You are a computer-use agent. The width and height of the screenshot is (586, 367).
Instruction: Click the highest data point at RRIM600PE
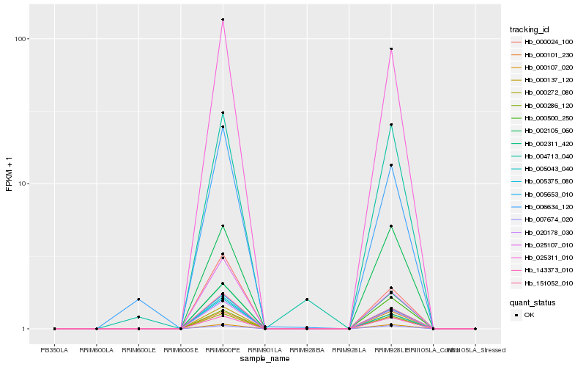pos(223,20)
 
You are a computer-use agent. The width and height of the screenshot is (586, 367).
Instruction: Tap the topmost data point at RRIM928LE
pos(391,49)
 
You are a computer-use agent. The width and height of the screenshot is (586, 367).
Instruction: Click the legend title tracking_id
pos(530,29)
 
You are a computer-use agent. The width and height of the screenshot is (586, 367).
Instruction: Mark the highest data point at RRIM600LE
pos(138,299)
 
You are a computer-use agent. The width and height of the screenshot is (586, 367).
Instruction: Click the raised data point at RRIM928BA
pos(307,299)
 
